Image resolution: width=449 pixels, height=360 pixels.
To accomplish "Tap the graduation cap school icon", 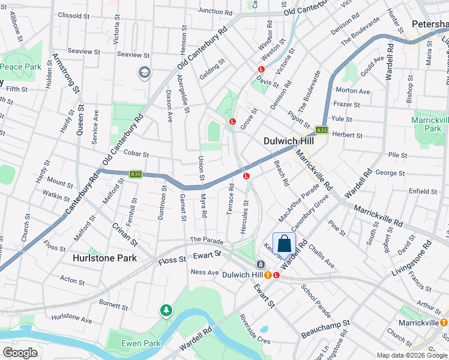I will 144,73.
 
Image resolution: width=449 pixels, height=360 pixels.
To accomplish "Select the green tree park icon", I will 166,311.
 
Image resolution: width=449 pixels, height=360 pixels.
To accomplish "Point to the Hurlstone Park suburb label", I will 104,258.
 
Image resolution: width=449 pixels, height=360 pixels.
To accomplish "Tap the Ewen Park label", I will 140,343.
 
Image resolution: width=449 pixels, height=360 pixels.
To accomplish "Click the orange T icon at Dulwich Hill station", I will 267,275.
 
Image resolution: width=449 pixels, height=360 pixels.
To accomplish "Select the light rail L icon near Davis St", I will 262,70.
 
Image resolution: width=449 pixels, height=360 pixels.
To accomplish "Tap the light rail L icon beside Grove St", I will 232,122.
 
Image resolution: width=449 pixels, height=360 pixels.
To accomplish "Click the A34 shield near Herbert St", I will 322,130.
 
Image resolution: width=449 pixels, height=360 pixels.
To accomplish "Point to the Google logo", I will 20,353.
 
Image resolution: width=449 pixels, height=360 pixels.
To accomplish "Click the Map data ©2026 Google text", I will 412,355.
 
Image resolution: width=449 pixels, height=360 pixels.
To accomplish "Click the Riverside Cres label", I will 255,329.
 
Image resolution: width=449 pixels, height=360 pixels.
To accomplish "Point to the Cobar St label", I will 136,154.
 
